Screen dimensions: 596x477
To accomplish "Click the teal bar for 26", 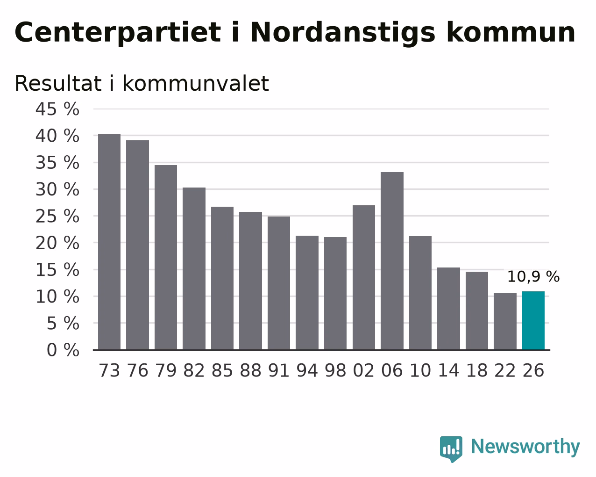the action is (533, 320).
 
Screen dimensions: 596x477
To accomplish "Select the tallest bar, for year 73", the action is (109, 242).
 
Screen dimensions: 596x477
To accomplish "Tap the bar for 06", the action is (392, 260).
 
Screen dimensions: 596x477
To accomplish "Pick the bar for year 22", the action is (505, 321).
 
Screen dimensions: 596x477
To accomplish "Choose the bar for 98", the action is (335, 293).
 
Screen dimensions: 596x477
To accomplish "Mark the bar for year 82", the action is (194, 268).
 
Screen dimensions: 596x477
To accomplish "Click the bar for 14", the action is (448, 309).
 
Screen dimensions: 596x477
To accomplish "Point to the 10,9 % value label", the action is (533, 277).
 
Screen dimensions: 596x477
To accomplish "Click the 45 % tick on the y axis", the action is (57, 109).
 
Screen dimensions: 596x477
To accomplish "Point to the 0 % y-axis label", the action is (63, 350).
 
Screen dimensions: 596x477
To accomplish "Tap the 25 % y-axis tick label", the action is (57, 216).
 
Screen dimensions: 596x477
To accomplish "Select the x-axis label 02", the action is (364, 370).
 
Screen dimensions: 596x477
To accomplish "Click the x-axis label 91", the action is (278, 370).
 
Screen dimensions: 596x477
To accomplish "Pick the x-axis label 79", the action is (166, 370).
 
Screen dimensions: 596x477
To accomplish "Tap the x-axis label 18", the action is (476, 370).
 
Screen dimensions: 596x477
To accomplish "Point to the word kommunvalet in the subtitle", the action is (196, 83).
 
